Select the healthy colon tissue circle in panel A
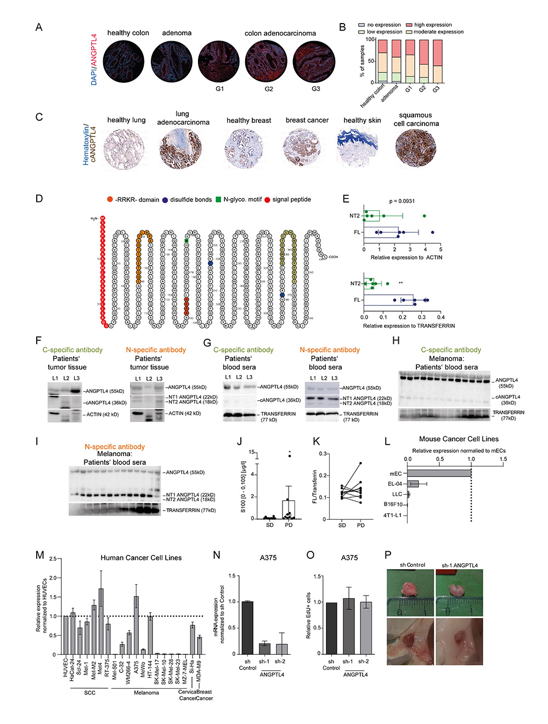[x=123, y=61]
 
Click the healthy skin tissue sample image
[x=359, y=147]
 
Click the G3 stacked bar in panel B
[x=437, y=61]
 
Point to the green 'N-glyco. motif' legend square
[x=218, y=200]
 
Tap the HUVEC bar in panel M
[x=66, y=635]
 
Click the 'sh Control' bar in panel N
[x=247, y=627]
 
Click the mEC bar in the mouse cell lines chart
[x=439, y=473]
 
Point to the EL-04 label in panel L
[x=395, y=484]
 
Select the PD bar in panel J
[x=289, y=509]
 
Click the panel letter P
[x=388, y=555]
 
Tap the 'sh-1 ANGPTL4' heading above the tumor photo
[x=459, y=565]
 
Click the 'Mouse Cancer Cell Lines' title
[x=459, y=439]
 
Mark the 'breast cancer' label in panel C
[x=307, y=120]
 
